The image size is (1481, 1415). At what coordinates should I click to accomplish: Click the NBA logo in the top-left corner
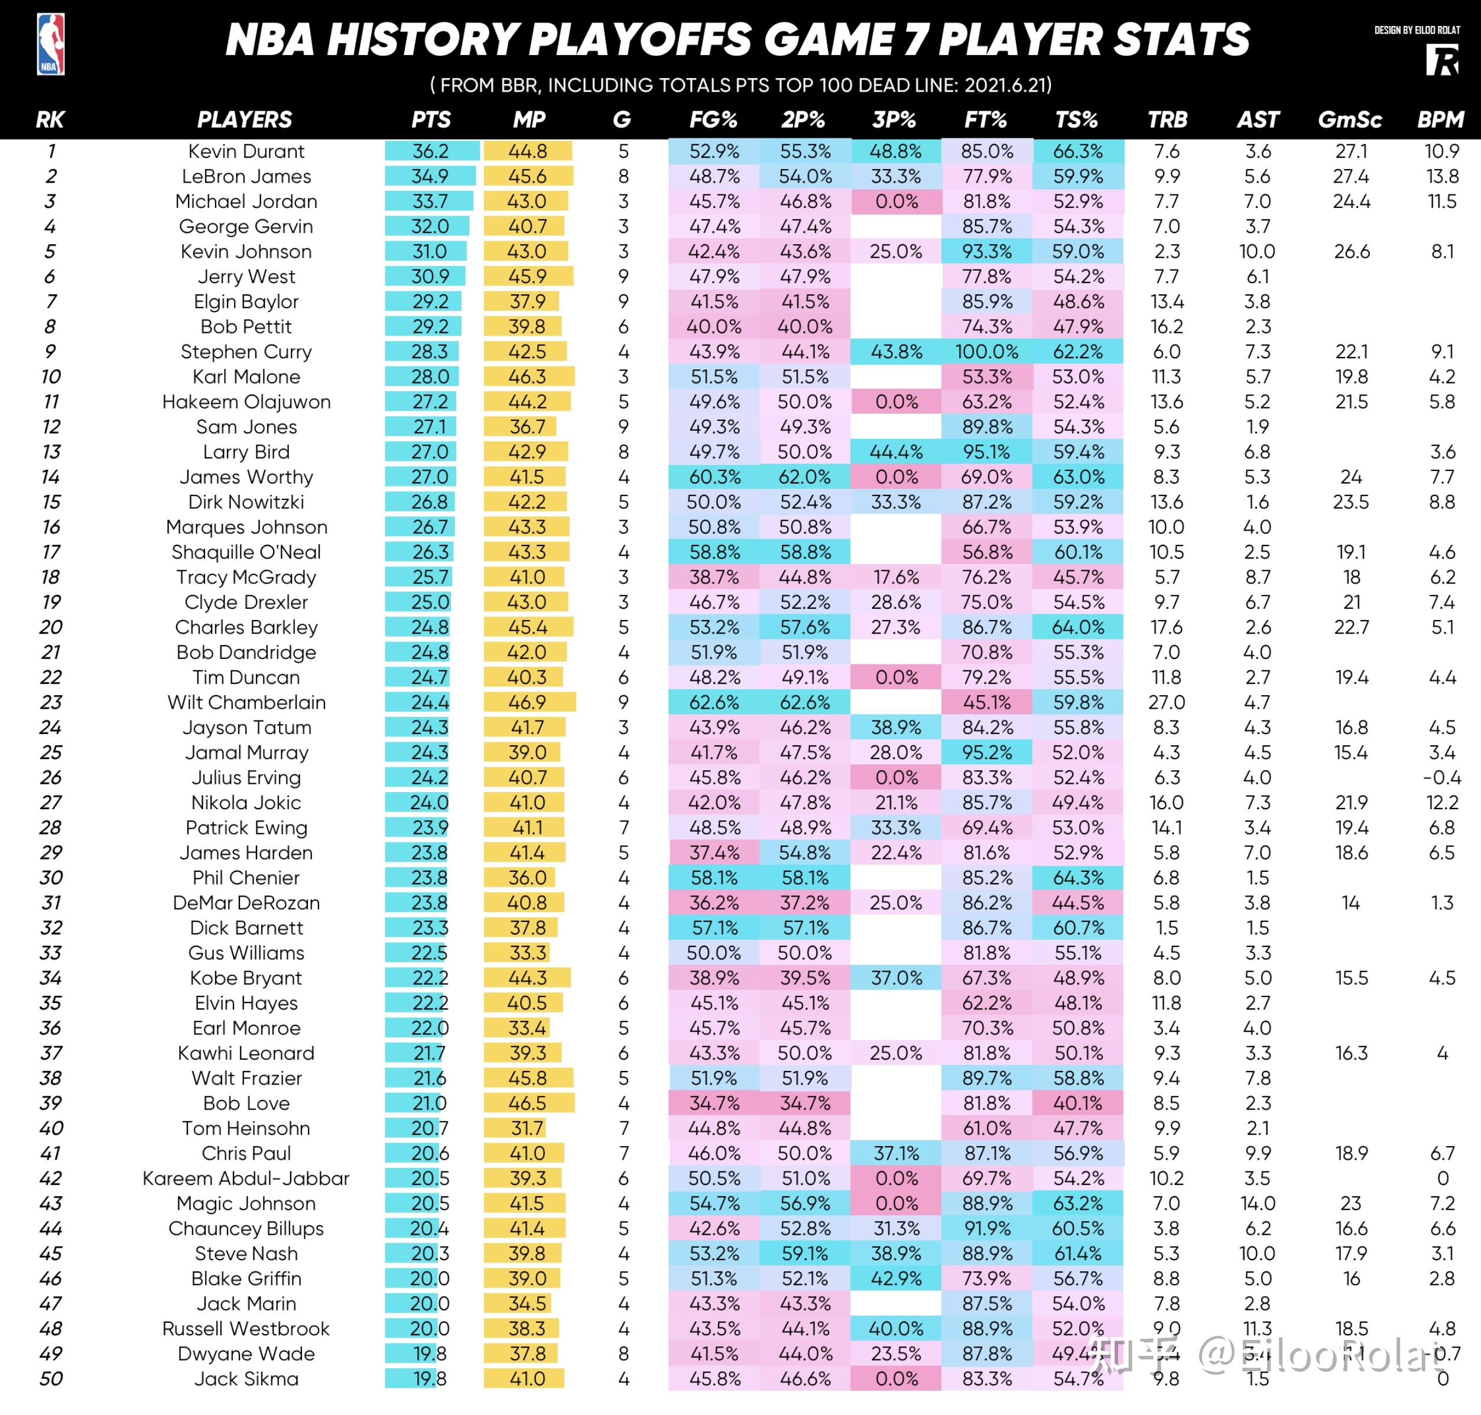tap(50, 44)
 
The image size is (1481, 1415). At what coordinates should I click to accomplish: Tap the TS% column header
tap(1076, 120)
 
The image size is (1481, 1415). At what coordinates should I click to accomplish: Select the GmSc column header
tap(1349, 120)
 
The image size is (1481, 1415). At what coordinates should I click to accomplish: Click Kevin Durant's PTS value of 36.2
tap(431, 151)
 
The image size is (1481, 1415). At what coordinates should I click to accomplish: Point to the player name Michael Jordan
tap(246, 202)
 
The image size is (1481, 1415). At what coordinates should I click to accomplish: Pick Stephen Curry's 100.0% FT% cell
tap(986, 352)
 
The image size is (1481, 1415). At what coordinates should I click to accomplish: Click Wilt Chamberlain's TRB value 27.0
tap(1167, 702)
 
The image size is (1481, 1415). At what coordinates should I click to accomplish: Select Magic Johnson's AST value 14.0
tap(1258, 1203)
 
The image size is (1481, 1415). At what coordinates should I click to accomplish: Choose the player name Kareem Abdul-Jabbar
tap(246, 1178)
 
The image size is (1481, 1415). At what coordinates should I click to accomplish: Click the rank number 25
tap(50, 752)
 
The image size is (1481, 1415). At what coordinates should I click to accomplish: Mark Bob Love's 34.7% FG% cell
tap(714, 1103)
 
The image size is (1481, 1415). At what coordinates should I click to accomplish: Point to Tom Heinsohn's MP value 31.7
tap(527, 1128)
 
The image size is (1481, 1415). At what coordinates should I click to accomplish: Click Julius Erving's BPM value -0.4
tap(1442, 777)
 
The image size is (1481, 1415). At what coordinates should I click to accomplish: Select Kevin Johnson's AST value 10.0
tap(1257, 251)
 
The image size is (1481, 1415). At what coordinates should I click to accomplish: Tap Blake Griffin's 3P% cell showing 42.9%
tap(896, 1278)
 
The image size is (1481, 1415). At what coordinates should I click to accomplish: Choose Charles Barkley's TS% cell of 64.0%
tap(1077, 627)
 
